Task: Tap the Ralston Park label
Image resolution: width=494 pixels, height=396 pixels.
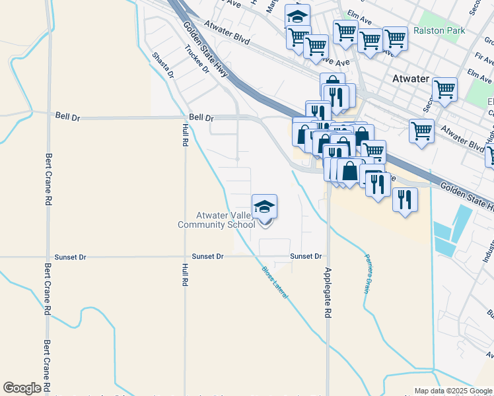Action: tap(439, 30)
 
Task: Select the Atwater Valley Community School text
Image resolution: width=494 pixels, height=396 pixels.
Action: tap(217, 220)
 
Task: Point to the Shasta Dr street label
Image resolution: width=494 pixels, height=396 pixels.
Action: tap(163, 65)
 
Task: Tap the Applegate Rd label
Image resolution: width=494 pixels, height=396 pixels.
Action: tap(328, 294)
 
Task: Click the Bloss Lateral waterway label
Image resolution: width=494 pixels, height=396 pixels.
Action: tap(274, 283)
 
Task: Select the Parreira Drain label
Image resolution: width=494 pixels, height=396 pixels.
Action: tap(367, 273)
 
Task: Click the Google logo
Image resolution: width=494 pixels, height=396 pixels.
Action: tap(22, 388)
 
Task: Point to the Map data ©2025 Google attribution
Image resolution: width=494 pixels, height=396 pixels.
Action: tap(453, 391)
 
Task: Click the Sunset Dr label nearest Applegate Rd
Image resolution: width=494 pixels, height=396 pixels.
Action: tap(306, 256)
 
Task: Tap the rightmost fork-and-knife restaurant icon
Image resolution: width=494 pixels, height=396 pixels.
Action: tap(405, 198)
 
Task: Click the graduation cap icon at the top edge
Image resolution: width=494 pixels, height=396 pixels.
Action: tap(298, 15)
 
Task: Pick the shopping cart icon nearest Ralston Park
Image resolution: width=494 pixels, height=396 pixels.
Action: tap(395, 38)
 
